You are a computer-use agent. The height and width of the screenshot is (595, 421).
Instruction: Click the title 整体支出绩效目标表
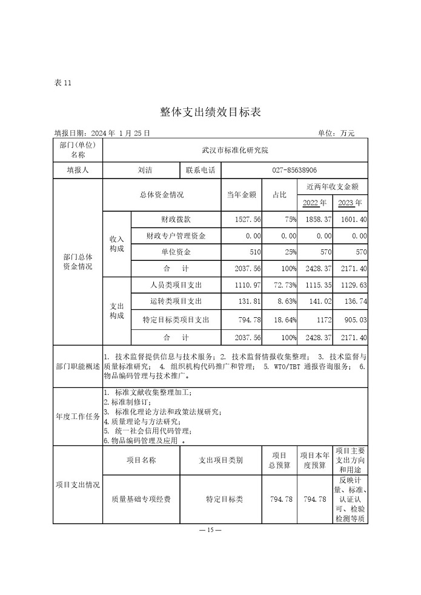[x=210, y=112]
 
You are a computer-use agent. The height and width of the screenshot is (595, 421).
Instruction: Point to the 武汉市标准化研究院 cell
[x=235, y=149]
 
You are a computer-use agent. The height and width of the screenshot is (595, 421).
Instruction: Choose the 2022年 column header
[x=314, y=203]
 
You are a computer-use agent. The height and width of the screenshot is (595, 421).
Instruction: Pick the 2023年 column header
[x=350, y=203]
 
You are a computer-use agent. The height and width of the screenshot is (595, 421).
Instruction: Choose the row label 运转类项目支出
[x=176, y=301]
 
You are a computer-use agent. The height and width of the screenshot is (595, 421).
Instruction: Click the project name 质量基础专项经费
[x=141, y=499]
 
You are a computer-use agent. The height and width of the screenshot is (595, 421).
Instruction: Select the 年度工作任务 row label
[x=78, y=416]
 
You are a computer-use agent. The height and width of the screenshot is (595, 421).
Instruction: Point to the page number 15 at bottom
[x=210, y=530]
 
